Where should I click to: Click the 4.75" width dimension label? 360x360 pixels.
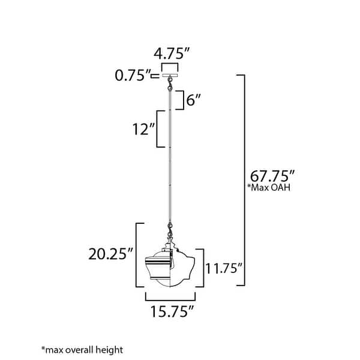[x=171, y=52]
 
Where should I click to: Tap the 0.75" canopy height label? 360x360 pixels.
[x=133, y=76]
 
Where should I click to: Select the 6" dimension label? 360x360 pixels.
[x=193, y=100]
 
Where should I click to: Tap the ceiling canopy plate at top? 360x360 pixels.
[x=171, y=76]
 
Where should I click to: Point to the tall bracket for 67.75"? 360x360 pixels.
[x=244, y=179]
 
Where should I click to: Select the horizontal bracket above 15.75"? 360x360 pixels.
[x=171, y=296]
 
